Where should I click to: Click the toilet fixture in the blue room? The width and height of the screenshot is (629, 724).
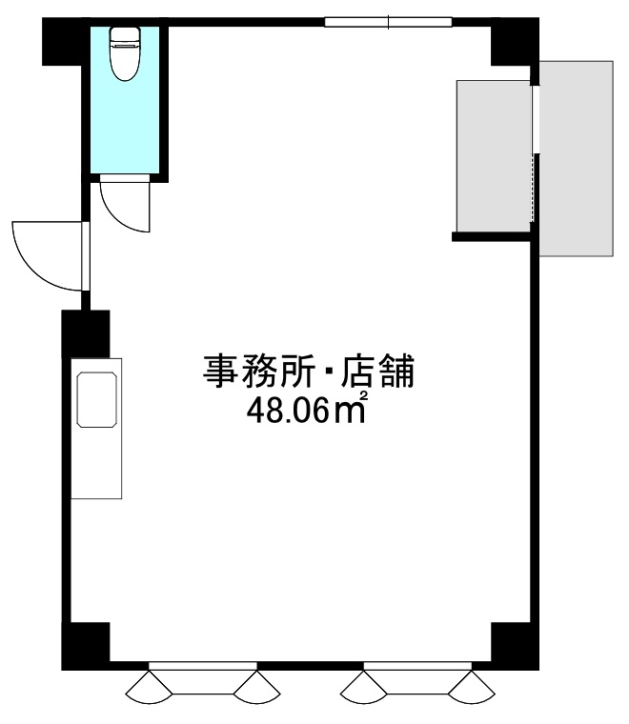coord(125,53)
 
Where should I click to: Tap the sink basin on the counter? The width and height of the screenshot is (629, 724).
coord(96,399)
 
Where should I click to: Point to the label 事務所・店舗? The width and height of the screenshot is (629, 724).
coord(309,372)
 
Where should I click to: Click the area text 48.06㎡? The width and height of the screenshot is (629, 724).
coord(307,410)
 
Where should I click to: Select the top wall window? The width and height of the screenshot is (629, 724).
coord(388,22)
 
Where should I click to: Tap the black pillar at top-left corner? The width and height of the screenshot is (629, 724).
coord(62,42)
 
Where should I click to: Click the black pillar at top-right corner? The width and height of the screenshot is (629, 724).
coord(515,42)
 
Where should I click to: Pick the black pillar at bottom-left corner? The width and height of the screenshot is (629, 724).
coord(86,646)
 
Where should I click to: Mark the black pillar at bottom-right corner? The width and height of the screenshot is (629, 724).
coord(515,646)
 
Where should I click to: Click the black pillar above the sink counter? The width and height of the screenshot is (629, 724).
coord(86,333)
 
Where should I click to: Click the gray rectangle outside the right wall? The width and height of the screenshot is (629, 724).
coord(577,158)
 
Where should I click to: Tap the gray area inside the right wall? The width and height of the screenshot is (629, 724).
coord(494,156)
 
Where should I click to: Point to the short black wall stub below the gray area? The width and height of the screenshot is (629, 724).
coord(491,237)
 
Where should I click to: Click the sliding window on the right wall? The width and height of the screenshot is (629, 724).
coord(535,152)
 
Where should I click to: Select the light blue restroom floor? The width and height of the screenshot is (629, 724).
coord(125,99)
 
